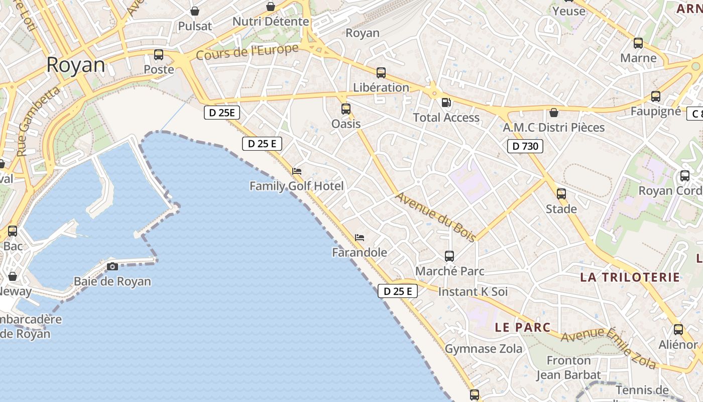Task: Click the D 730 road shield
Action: click(525, 146)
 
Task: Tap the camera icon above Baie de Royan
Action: click(112, 266)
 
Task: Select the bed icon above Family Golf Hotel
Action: click(297, 171)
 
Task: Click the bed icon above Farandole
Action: click(360, 238)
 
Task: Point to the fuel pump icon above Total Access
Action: click(446, 103)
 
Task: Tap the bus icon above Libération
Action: click(381, 73)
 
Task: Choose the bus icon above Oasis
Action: click(346, 109)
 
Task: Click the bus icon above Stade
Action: click(561, 194)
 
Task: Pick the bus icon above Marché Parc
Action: click(449, 256)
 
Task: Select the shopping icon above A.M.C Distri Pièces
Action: click(554, 113)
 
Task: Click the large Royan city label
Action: click(76, 65)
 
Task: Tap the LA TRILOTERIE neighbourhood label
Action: click(630, 277)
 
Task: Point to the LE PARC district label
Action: click(523, 327)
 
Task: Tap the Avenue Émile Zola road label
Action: click(609, 348)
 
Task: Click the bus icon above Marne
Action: click(638, 43)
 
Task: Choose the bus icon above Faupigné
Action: click(656, 96)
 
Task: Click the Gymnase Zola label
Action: click(484, 349)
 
